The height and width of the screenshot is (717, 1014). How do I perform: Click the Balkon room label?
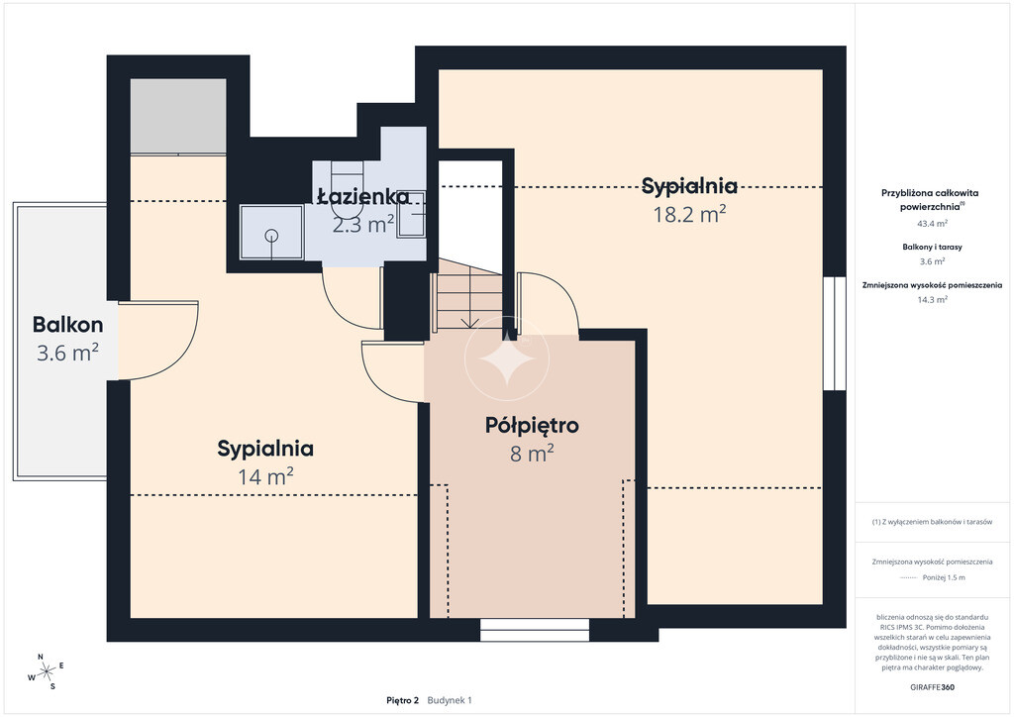(68, 324)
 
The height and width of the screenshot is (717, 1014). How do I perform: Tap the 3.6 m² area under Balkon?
(67, 353)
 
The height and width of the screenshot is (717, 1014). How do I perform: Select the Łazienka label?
(363, 196)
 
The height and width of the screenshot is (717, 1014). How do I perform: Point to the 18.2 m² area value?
(689, 213)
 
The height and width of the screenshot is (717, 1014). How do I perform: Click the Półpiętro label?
(532, 426)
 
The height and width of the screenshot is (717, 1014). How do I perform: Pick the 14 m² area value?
(265, 477)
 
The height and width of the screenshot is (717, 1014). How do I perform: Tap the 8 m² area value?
(532, 454)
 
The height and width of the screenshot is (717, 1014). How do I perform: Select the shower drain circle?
(271, 236)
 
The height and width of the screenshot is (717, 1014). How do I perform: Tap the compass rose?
(46, 672)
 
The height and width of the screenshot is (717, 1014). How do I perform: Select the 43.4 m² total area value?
(932, 224)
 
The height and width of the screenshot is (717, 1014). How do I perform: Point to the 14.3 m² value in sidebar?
(932, 299)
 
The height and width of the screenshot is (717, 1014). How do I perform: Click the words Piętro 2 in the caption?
(403, 700)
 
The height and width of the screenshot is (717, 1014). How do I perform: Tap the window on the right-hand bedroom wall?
(834, 334)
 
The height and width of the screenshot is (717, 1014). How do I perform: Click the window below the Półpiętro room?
(535, 631)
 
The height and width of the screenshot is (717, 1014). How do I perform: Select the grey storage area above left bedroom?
(178, 117)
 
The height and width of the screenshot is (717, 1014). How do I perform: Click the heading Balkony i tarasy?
(932, 247)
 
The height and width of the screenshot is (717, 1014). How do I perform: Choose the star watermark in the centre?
(507, 358)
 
